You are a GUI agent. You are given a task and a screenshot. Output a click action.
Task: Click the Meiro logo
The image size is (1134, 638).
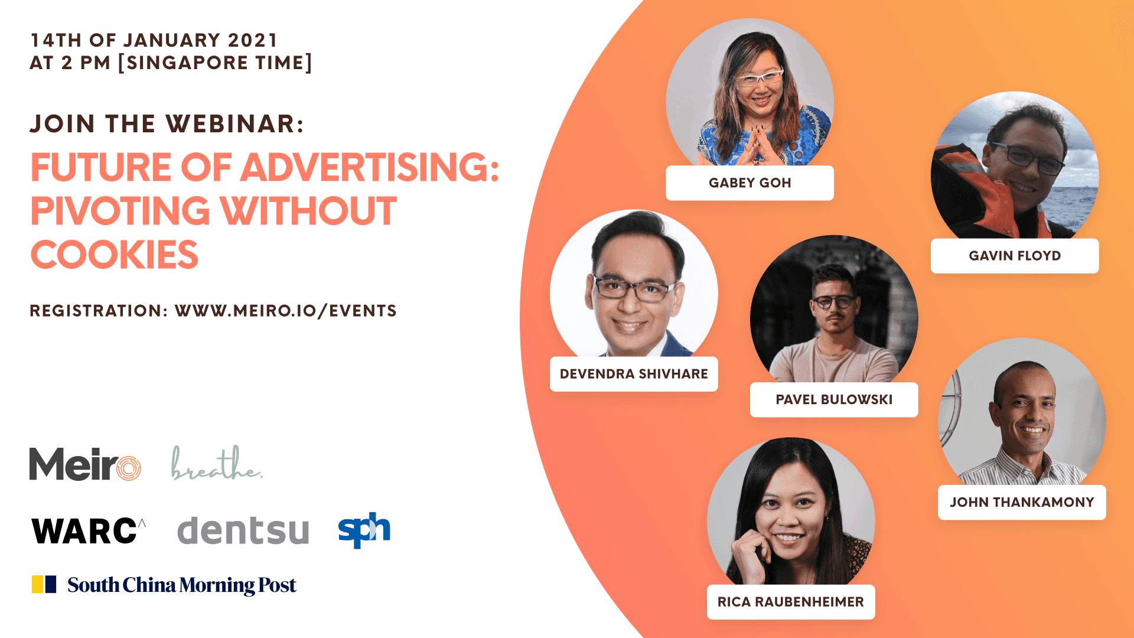point(85,464)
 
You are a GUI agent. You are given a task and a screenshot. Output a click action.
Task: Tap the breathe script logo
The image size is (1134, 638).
point(217,463)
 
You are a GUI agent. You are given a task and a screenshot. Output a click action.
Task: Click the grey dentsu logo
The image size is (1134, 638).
point(243,530)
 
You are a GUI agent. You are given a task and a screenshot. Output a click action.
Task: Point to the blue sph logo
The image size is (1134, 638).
point(364,530)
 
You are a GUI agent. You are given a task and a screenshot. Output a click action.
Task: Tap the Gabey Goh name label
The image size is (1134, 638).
point(750,183)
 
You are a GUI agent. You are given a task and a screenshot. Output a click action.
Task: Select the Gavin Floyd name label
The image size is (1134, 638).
point(1015,256)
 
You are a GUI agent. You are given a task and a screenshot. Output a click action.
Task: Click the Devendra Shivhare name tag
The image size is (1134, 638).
point(634,374)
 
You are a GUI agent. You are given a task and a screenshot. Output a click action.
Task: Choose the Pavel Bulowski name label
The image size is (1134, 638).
point(834,400)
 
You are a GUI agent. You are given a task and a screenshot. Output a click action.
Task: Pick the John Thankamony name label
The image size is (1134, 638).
point(1022,502)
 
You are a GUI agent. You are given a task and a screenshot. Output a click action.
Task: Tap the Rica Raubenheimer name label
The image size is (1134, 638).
point(791,602)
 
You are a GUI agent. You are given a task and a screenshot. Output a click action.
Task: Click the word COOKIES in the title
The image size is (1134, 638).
point(115,255)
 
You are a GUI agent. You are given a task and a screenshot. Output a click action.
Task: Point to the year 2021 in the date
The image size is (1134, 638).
point(253,40)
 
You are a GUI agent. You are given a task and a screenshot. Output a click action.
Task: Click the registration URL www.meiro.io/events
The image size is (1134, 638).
point(286,311)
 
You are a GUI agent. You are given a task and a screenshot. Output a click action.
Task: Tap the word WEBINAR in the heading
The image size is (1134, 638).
point(234,124)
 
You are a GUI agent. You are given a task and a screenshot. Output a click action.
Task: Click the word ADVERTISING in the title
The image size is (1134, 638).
point(370,167)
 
